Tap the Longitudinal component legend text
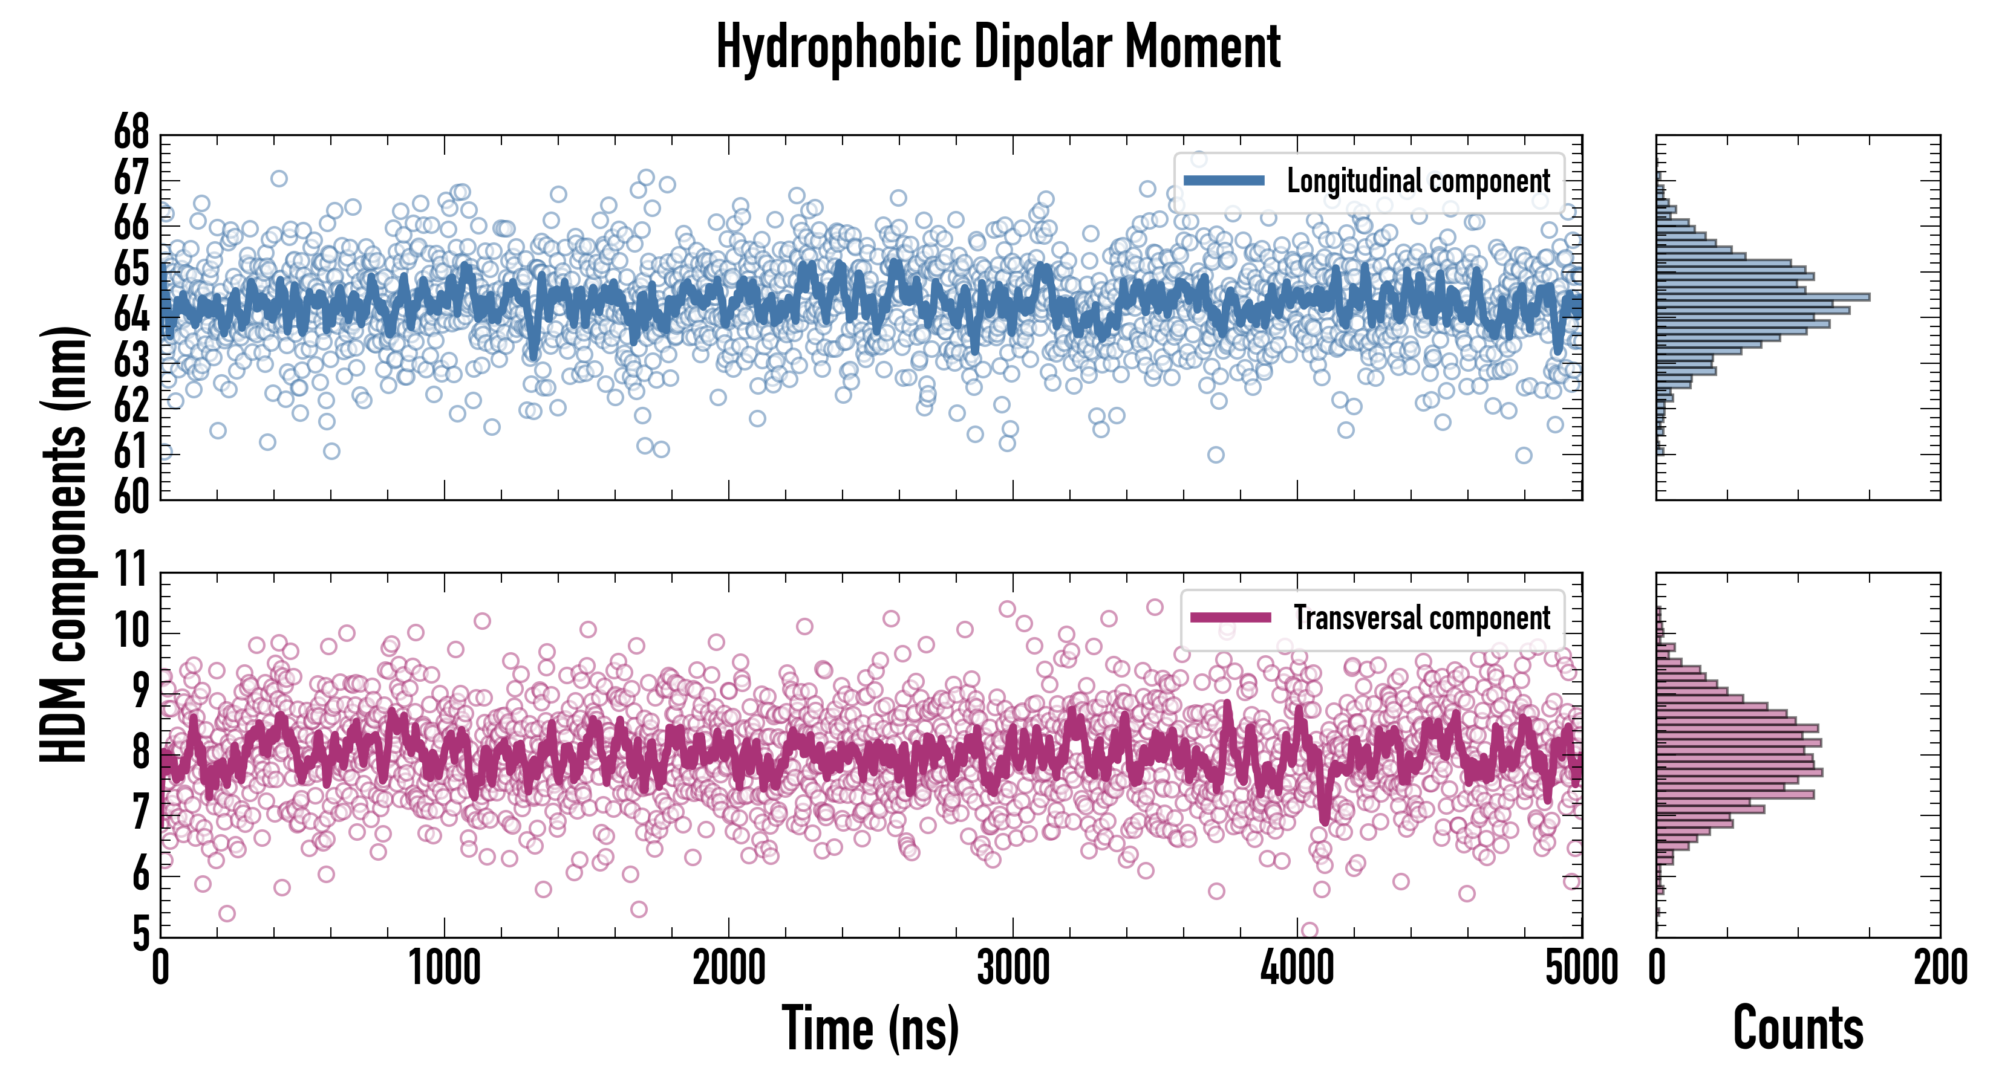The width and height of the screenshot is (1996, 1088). click(x=1418, y=181)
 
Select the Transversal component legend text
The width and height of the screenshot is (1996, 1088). click(x=1422, y=618)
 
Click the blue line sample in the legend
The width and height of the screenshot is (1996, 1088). click(x=1224, y=181)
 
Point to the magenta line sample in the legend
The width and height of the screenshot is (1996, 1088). click(x=1230, y=618)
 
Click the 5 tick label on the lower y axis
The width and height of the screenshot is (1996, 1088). click(x=140, y=934)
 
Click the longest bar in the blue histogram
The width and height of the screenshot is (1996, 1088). click(x=1763, y=297)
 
